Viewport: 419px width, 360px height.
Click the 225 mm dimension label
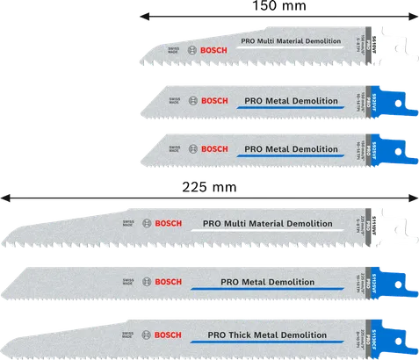tap(209, 188)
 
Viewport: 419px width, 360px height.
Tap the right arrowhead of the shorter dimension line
tap(411, 17)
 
